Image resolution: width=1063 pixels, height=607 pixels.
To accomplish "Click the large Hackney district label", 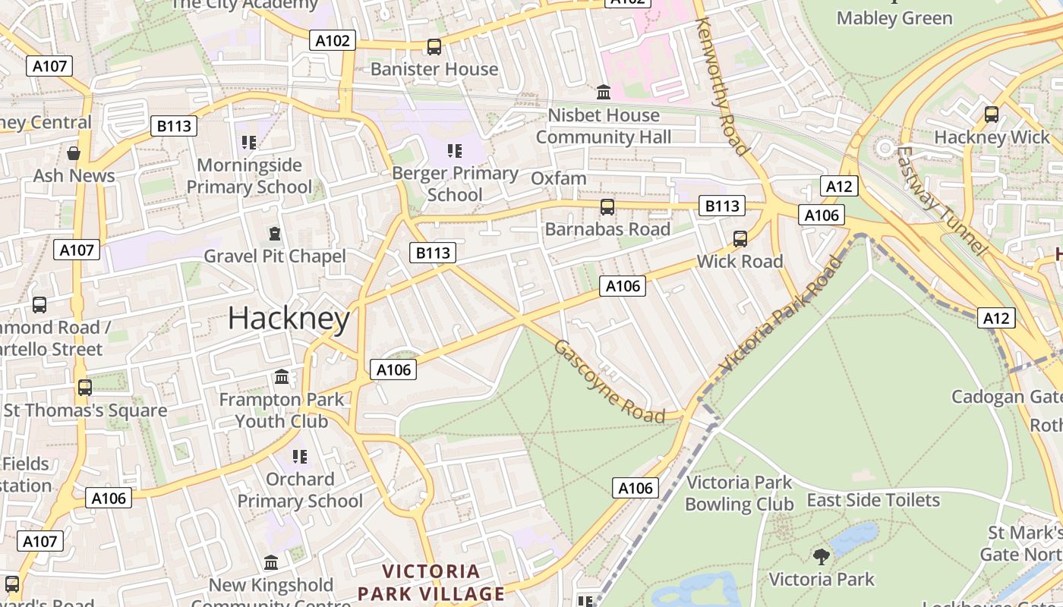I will pyautogui.click(x=289, y=319).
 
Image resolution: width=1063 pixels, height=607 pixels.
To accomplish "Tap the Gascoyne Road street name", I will pyautogui.click(x=609, y=382).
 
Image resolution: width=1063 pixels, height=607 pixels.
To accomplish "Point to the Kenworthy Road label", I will pyautogui.click(x=722, y=86).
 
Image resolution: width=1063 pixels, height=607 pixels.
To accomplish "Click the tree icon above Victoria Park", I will pyautogui.click(x=821, y=556).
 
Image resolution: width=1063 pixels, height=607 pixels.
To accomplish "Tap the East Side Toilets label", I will pyautogui.click(x=873, y=501).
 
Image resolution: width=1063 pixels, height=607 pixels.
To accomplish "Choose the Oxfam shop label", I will pyautogui.click(x=559, y=179).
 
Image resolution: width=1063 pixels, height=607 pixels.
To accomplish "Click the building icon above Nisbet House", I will pyautogui.click(x=604, y=92).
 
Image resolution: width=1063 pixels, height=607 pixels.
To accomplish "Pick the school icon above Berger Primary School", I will pyautogui.click(x=455, y=150).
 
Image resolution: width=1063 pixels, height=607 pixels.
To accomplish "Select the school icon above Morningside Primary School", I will pyautogui.click(x=248, y=142).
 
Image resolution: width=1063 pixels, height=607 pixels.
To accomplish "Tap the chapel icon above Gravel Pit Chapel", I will pyautogui.click(x=274, y=233).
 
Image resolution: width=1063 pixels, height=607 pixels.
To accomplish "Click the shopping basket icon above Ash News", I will pyautogui.click(x=74, y=153).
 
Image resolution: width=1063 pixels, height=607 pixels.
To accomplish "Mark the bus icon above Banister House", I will pyautogui.click(x=434, y=46).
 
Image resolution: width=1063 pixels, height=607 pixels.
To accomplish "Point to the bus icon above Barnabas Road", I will pyautogui.click(x=607, y=206).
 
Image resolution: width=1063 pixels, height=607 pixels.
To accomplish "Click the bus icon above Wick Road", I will pyautogui.click(x=740, y=239).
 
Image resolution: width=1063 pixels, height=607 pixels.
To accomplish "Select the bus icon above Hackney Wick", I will pyautogui.click(x=992, y=115).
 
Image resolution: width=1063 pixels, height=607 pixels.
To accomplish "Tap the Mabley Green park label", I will pyautogui.click(x=894, y=18).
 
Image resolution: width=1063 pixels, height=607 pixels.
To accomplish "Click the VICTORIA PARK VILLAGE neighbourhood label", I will pyautogui.click(x=431, y=582).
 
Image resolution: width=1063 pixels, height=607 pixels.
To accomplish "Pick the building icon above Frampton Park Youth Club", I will pyautogui.click(x=282, y=376).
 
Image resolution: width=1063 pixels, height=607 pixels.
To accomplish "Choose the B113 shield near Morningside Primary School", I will pyautogui.click(x=174, y=126).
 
